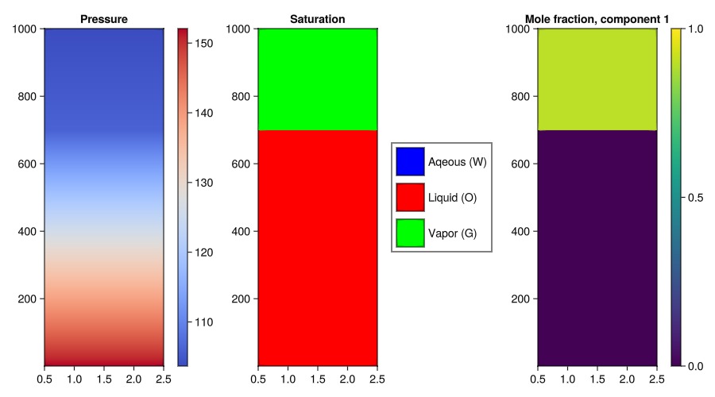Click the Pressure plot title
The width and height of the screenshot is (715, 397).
(x=104, y=18)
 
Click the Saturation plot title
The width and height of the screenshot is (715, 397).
(x=317, y=18)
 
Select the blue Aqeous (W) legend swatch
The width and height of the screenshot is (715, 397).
(x=411, y=162)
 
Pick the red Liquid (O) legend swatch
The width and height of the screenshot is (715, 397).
(x=411, y=197)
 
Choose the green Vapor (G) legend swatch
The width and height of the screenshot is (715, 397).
(x=411, y=232)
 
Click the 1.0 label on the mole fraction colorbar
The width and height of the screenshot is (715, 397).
(x=695, y=29)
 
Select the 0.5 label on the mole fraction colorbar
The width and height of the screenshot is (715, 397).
(x=695, y=197)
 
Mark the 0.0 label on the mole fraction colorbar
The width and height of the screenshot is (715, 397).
(x=695, y=365)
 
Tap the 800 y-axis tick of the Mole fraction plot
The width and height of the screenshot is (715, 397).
(x=521, y=97)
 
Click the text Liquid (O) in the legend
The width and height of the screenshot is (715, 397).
(x=452, y=197)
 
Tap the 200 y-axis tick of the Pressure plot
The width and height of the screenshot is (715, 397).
(x=28, y=299)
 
